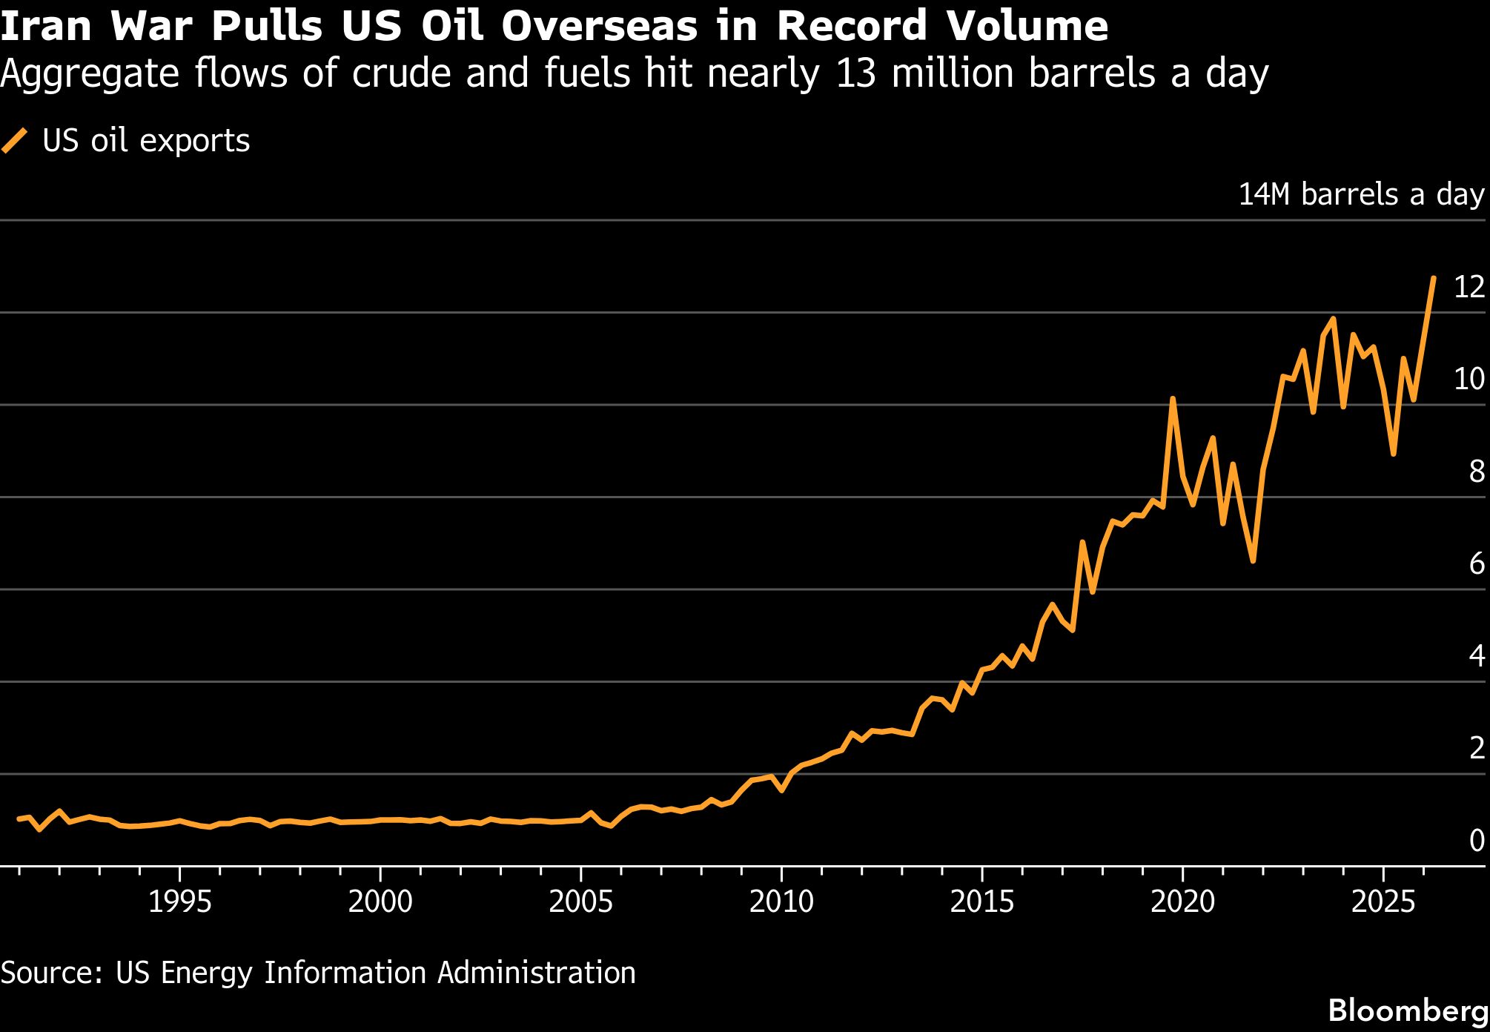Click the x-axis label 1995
[x=179, y=902]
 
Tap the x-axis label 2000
[x=380, y=902]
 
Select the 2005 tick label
[x=580, y=902]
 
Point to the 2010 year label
[x=781, y=902]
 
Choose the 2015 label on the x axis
[x=981, y=902]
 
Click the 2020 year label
[x=1182, y=902]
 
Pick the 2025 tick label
[x=1383, y=902]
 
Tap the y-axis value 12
[x=1469, y=287]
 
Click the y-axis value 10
[x=1469, y=379]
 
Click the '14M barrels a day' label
[x=1361, y=194]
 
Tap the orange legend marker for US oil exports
[x=15, y=140]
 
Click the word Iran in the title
[x=46, y=26]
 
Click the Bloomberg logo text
[x=1408, y=1010]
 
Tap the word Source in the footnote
[x=50, y=973]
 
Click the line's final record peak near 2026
[x=1434, y=279]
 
